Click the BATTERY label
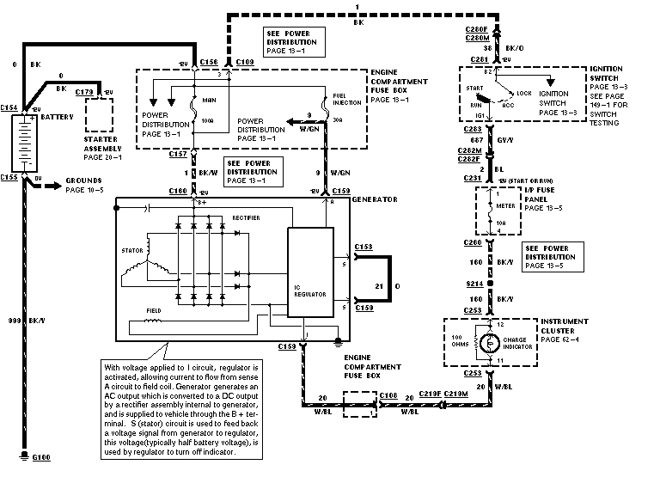(x=58, y=115)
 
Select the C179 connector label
(x=84, y=91)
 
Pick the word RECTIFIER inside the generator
(x=247, y=218)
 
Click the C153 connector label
(x=364, y=247)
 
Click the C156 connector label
(x=208, y=64)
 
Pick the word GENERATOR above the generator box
(x=375, y=199)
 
